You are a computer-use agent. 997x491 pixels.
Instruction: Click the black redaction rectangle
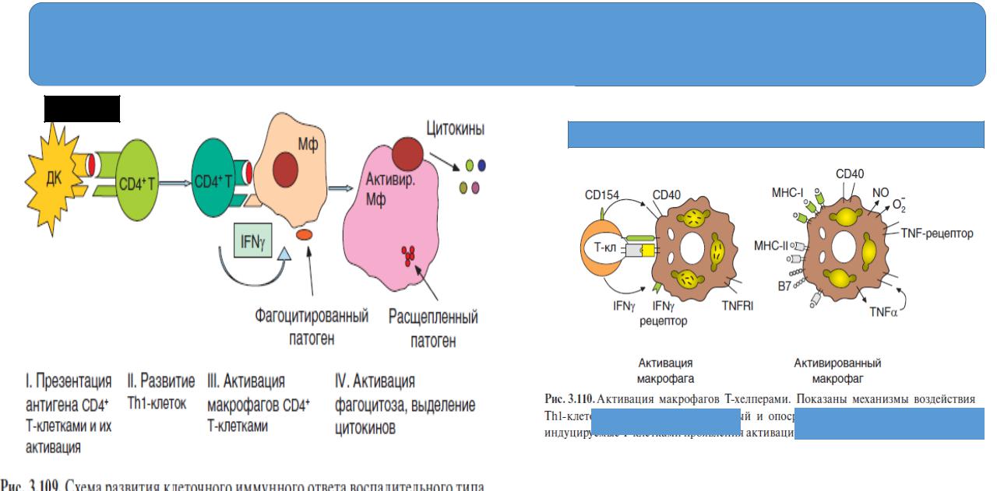click(82, 109)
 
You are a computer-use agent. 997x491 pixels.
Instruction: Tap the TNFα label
click(885, 312)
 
